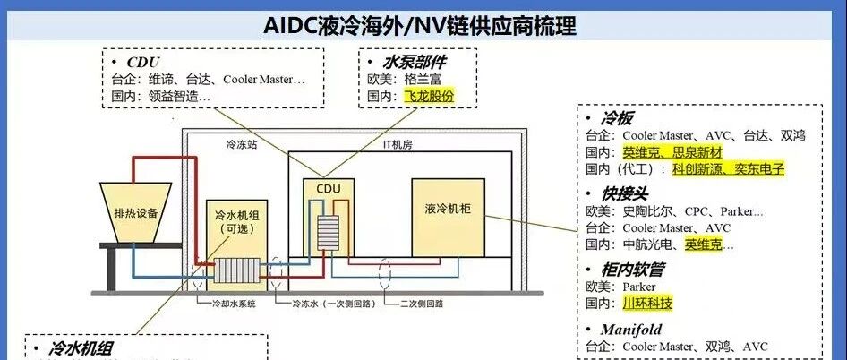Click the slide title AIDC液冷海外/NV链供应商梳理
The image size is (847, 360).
coord(420,25)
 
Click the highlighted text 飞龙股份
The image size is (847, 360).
coord(430,96)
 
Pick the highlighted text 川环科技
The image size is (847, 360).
coord(647,304)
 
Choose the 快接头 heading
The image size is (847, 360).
coord(624,193)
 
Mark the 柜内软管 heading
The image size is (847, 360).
coord(632,269)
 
